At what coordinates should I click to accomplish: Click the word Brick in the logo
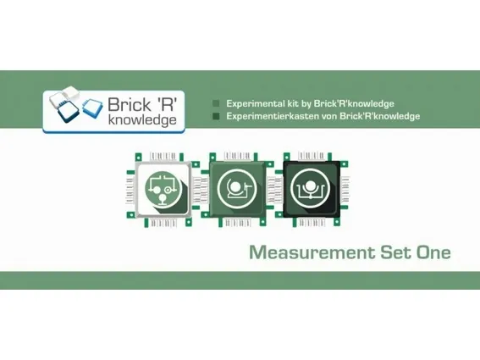[x=130, y=104]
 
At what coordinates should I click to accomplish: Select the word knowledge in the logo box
[x=142, y=120]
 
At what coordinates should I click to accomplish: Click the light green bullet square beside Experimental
[x=216, y=103]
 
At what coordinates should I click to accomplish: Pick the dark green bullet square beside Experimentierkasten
[x=216, y=116]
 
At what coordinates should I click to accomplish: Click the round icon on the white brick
[x=163, y=189]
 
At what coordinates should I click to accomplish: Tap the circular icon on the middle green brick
[x=237, y=188]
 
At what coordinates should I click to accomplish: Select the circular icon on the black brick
[x=311, y=188]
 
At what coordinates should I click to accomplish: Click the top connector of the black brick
[x=311, y=156]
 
